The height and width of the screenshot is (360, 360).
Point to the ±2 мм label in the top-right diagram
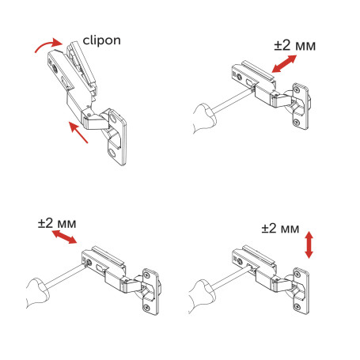295,46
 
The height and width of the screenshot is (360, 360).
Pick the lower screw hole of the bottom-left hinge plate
146,305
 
